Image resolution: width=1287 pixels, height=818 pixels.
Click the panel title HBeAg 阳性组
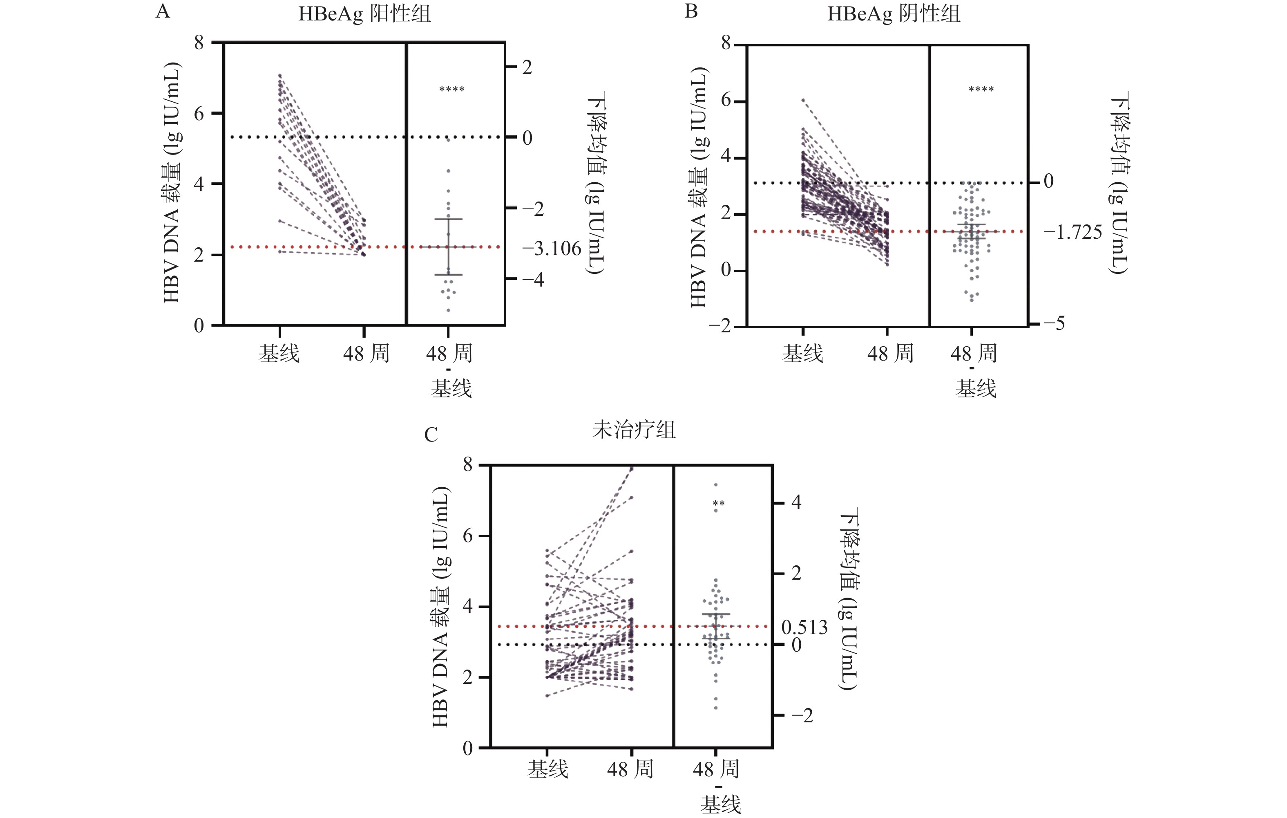(364, 14)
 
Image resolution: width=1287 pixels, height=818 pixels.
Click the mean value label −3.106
(552, 249)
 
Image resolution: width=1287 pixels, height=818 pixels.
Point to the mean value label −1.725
(1072, 233)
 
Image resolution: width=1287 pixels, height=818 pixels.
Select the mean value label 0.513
(804, 627)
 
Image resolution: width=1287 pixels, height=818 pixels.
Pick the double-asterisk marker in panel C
(719, 504)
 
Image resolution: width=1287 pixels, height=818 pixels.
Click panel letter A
(163, 11)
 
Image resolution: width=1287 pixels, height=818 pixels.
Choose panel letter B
(691, 11)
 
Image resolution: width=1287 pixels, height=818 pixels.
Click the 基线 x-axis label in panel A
(279, 353)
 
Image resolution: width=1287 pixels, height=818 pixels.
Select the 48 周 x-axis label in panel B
(890, 353)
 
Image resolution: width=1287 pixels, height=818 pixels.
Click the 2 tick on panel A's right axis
(527, 67)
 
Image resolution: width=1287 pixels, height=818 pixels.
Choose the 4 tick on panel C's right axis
(796, 502)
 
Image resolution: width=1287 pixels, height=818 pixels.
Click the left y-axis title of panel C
(440, 607)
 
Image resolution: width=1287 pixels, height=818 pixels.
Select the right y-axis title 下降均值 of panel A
(595, 182)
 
